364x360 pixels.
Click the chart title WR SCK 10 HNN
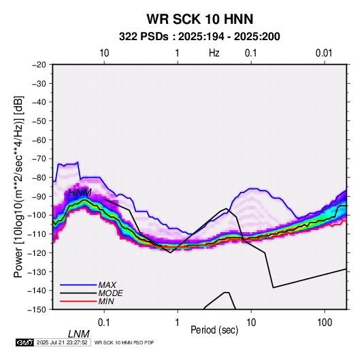(x=200, y=19)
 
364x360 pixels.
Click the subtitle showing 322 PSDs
(x=199, y=37)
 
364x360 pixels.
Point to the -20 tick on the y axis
(x=39, y=65)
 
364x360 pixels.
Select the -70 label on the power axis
(x=39, y=159)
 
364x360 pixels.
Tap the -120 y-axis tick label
(x=37, y=252)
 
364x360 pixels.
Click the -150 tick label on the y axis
(x=37, y=310)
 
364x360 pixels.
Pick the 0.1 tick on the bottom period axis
(x=104, y=323)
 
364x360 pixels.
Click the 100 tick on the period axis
(x=325, y=323)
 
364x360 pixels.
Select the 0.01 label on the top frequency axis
(x=324, y=53)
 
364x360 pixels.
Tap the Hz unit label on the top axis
(x=214, y=53)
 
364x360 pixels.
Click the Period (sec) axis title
(x=214, y=330)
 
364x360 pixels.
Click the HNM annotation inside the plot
(x=80, y=193)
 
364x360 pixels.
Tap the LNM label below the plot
(x=79, y=334)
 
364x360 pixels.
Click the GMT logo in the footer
(x=25, y=342)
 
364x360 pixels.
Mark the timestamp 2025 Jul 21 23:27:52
(x=62, y=342)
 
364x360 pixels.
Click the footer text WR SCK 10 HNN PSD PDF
(x=125, y=342)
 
